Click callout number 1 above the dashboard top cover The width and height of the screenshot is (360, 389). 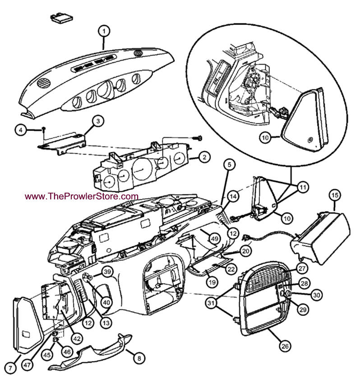[104, 31]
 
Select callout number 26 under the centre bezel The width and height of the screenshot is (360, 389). [285, 347]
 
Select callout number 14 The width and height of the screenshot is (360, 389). [232, 197]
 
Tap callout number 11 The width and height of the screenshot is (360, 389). [300, 186]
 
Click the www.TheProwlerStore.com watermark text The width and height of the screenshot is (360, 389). [82, 196]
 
